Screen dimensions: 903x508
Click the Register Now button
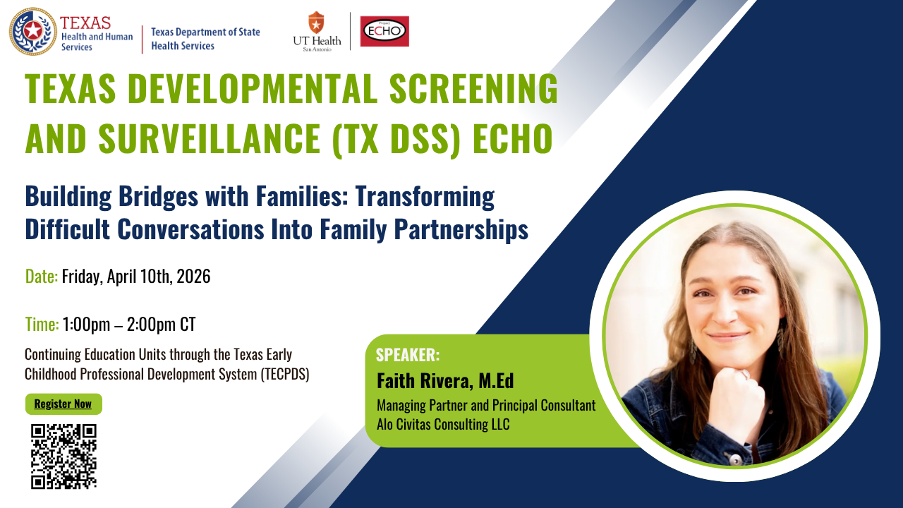click(x=63, y=404)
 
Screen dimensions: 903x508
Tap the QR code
click(x=63, y=456)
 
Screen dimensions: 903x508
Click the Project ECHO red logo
click(x=384, y=31)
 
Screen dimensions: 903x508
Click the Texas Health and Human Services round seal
click(x=33, y=31)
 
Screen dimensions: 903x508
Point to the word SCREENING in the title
click(x=473, y=88)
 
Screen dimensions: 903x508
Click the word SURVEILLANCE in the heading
click(x=210, y=138)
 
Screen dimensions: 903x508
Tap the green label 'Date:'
click(x=42, y=277)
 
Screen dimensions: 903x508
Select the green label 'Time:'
click(x=42, y=325)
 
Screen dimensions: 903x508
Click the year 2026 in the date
click(x=193, y=277)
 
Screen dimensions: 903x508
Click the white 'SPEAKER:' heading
click(x=408, y=355)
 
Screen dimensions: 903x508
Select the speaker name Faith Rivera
click(x=423, y=381)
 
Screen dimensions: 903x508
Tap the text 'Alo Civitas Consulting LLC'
click(x=443, y=424)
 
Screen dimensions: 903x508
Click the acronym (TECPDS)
click(x=285, y=375)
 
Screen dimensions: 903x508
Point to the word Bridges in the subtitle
click(x=158, y=196)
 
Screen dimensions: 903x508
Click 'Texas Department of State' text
click(x=205, y=32)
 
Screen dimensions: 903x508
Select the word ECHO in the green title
click(x=513, y=138)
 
